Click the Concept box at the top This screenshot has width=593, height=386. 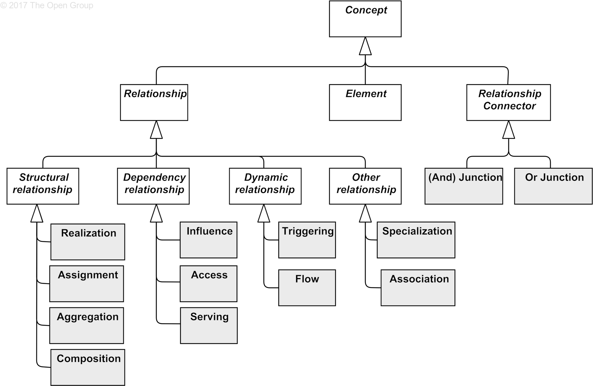(x=365, y=19)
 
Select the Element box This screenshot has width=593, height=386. (x=365, y=103)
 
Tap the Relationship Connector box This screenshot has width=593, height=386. (x=508, y=103)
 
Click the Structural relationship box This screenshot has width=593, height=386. (x=43, y=186)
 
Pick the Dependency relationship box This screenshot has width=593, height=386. (x=153, y=186)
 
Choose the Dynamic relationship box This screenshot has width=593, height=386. (x=265, y=186)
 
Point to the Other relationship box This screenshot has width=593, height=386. (x=365, y=186)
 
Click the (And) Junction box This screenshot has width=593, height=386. (x=464, y=186)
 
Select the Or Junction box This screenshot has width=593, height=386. (x=553, y=186)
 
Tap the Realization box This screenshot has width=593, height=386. (x=88, y=242)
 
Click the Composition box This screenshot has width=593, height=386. (x=88, y=367)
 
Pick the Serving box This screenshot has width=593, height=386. (x=209, y=326)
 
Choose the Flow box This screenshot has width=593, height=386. (x=307, y=288)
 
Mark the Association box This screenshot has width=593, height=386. (x=418, y=288)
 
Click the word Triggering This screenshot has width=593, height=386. (x=308, y=231)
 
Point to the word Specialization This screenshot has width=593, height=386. (x=417, y=231)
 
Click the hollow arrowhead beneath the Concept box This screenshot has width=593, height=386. (x=365, y=46)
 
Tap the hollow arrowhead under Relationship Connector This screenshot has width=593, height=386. (x=508, y=130)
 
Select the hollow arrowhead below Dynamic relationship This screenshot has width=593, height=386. (x=264, y=213)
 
